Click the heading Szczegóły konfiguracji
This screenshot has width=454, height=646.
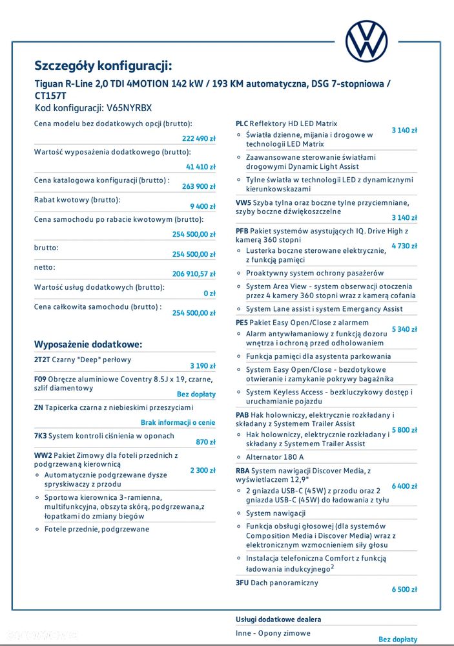[x=103, y=65]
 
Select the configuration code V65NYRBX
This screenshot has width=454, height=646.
[x=129, y=108]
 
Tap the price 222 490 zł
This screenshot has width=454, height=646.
[x=199, y=138]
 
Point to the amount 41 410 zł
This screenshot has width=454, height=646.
[x=201, y=167]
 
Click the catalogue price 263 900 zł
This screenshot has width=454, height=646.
[x=199, y=186]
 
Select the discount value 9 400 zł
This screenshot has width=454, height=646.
[x=203, y=206]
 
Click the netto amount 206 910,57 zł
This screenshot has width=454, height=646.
[x=194, y=274]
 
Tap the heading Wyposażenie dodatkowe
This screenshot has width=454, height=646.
[x=88, y=344]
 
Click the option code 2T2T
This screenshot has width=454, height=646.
[x=43, y=360]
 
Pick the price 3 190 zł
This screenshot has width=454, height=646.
[x=203, y=365]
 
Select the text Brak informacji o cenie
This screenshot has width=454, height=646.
[x=178, y=422]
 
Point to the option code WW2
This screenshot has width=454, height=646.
[x=43, y=455]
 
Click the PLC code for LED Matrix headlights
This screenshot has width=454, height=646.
[x=242, y=124]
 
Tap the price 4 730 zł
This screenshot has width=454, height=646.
[x=404, y=246]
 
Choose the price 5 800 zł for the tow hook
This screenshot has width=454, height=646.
[x=404, y=430]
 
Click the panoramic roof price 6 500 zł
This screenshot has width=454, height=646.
[x=404, y=589]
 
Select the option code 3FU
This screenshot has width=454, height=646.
[x=242, y=583]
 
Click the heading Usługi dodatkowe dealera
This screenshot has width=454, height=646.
[x=278, y=619]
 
